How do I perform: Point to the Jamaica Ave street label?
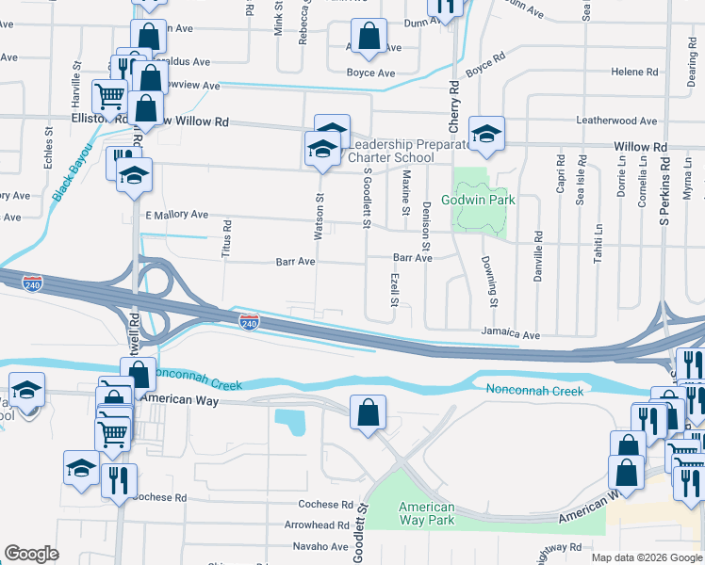[510, 334]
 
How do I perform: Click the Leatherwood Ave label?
[616, 121]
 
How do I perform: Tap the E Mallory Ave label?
[176, 215]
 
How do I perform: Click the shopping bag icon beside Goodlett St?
[367, 413]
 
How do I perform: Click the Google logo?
[31, 554]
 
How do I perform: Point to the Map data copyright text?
[647, 557]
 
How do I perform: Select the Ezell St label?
[395, 289]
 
